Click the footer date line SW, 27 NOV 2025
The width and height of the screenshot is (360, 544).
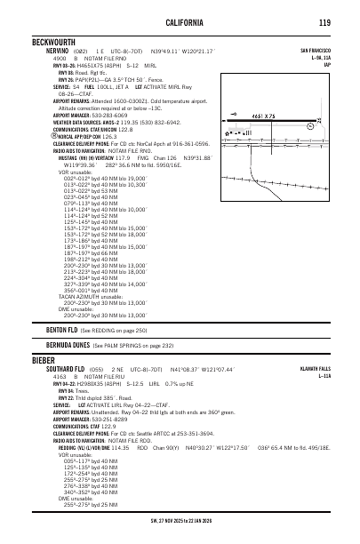point(180,537)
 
